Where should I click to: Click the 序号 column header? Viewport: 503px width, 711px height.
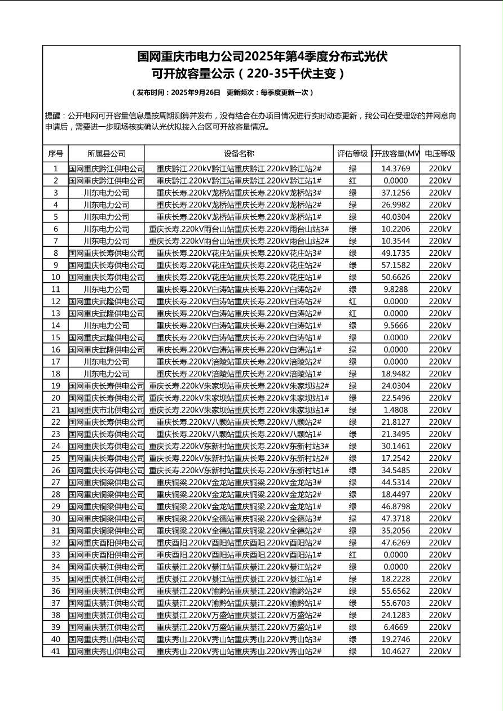tap(55, 154)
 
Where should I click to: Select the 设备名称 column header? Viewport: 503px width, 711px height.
tap(239, 154)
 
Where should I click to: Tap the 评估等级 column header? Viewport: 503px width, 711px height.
tap(352, 154)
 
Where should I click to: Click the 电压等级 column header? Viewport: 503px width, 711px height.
tap(440, 154)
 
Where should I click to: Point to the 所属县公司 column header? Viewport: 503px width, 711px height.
tap(107, 154)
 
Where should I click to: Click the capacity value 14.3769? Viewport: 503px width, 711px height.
tap(395, 168)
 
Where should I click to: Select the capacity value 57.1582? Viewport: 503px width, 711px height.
tap(395, 265)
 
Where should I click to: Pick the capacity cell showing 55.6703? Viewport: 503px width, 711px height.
tap(395, 603)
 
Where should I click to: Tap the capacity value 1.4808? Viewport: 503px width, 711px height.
tap(395, 410)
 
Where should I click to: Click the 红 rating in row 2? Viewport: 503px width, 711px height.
tap(352, 180)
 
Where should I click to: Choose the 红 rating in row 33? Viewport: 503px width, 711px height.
tap(352, 554)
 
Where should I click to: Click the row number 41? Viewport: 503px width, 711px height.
tap(55, 651)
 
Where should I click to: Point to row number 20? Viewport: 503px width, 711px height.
tap(55, 398)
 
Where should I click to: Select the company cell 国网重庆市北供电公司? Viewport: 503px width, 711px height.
tap(107, 410)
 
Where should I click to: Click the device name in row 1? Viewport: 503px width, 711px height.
tap(239, 168)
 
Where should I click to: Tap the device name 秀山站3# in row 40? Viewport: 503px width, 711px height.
tap(239, 639)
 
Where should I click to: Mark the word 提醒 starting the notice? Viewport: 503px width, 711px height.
tap(52, 116)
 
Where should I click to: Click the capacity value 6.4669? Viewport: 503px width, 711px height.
tap(395, 627)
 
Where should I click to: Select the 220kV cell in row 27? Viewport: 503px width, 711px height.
tap(440, 482)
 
